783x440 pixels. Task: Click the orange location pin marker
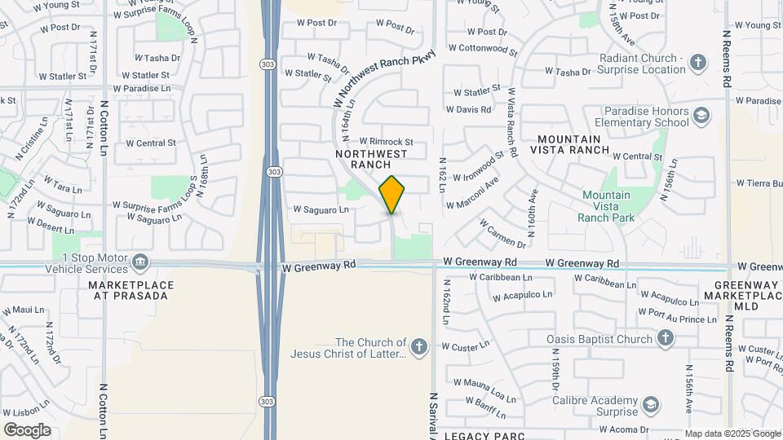pos(392,194)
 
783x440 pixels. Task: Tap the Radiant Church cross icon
pos(697,63)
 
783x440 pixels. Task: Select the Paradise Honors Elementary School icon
pos(701,117)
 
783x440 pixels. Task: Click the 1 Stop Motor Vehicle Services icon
pos(142,262)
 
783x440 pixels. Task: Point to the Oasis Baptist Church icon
pos(666,338)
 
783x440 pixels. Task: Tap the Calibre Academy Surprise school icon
pos(650,404)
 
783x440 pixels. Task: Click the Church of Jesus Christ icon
pos(419,348)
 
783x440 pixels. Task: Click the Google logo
pos(27,429)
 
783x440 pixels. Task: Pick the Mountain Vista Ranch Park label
pos(605,206)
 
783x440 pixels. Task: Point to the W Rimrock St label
pos(387,141)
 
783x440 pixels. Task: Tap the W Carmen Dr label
pos(502,233)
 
